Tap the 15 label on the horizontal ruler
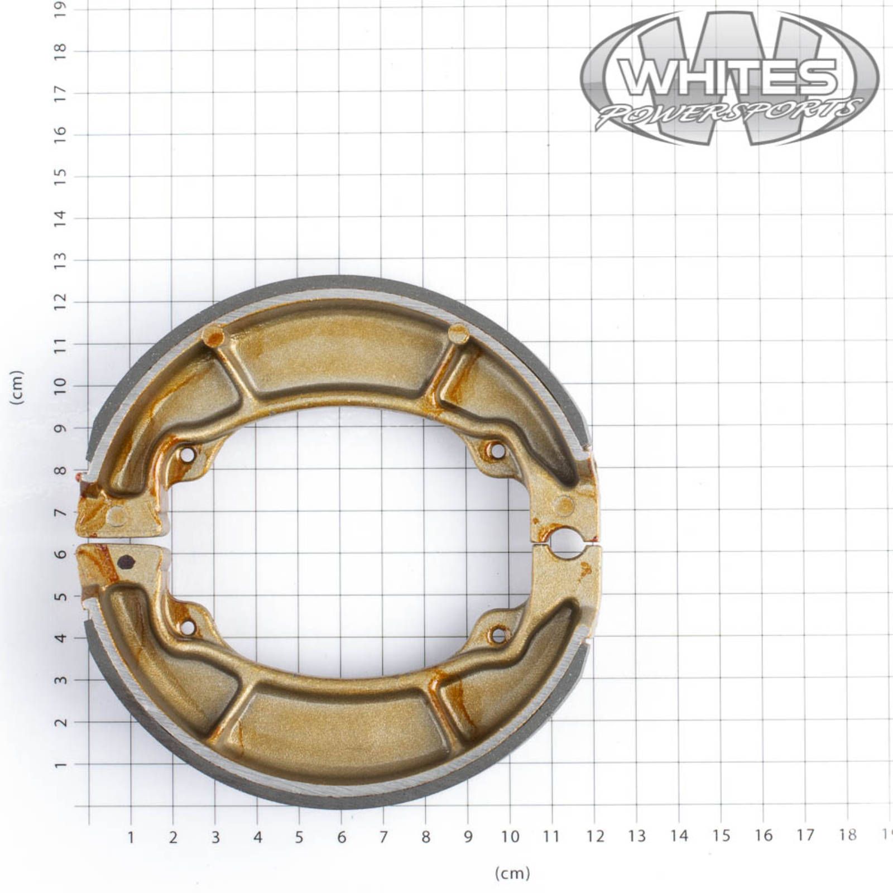pyautogui.click(x=721, y=836)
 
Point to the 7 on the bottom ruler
pyautogui.click(x=383, y=837)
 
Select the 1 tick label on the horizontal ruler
pyautogui.click(x=131, y=837)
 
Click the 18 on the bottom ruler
pyautogui.click(x=847, y=834)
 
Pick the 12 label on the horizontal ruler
pyautogui.click(x=595, y=836)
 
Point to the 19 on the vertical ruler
pyautogui.click(x=60, y=9)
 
